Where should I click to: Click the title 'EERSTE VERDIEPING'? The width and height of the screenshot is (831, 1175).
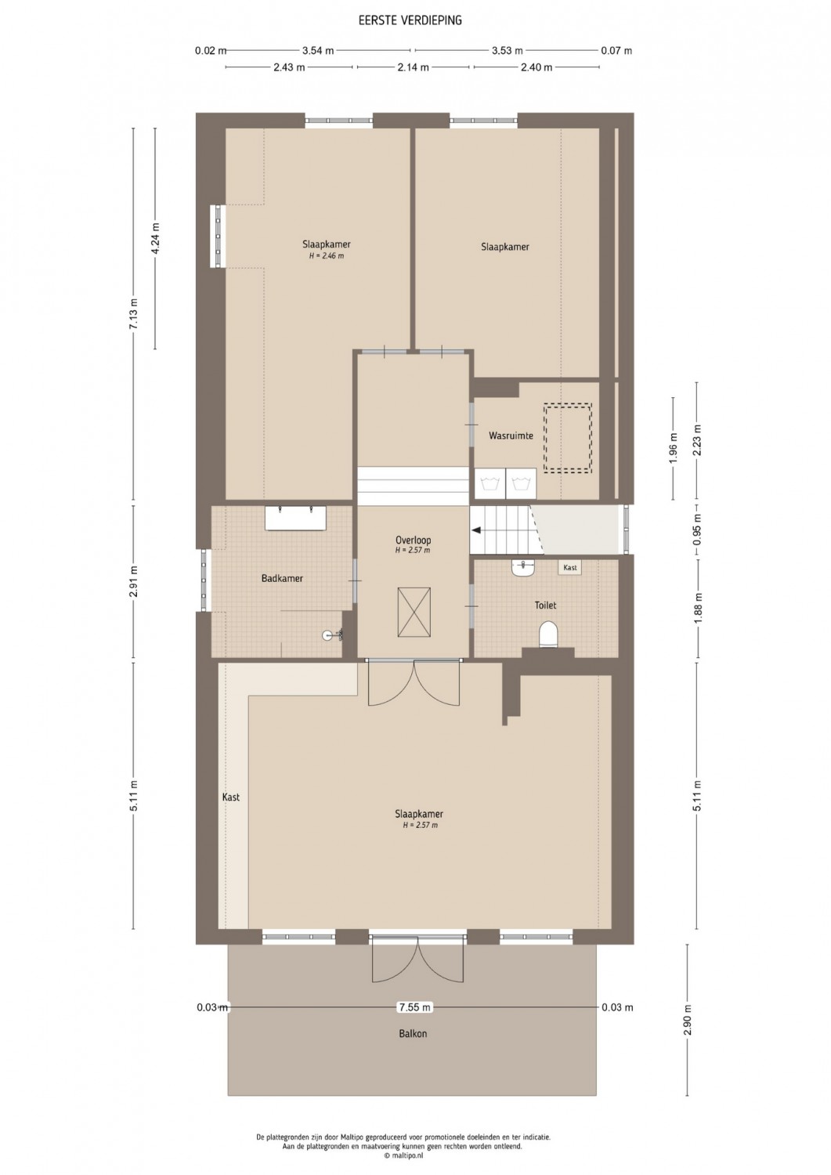coord(410,20)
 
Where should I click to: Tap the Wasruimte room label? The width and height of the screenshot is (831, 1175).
coord(511,436)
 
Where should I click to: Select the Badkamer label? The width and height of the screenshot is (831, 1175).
coord(282,578)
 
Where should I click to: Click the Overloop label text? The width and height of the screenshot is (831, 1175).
coord(413,540)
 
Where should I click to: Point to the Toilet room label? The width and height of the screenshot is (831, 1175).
coord(545,605)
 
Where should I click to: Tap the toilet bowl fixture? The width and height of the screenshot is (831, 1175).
coord(547,634)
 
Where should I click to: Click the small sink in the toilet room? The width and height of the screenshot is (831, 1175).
coord(523,568)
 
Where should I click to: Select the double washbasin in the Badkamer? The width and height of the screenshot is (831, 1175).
coord(295,518)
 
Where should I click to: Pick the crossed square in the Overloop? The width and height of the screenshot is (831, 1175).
coord(414,612)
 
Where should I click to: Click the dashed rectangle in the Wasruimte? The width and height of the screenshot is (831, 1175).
coord(568,438)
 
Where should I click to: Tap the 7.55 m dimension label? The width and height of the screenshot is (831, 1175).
coord(414,1007)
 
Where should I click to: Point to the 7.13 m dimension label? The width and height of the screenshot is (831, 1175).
coord(134,313)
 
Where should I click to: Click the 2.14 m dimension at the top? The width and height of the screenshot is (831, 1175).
coord(413,67)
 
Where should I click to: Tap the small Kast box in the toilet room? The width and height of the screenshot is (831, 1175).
coord(569,568)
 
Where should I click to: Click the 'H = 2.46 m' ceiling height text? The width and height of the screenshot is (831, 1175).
coord(327,256)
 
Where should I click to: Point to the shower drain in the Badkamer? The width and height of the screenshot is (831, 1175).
coord(327,635)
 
